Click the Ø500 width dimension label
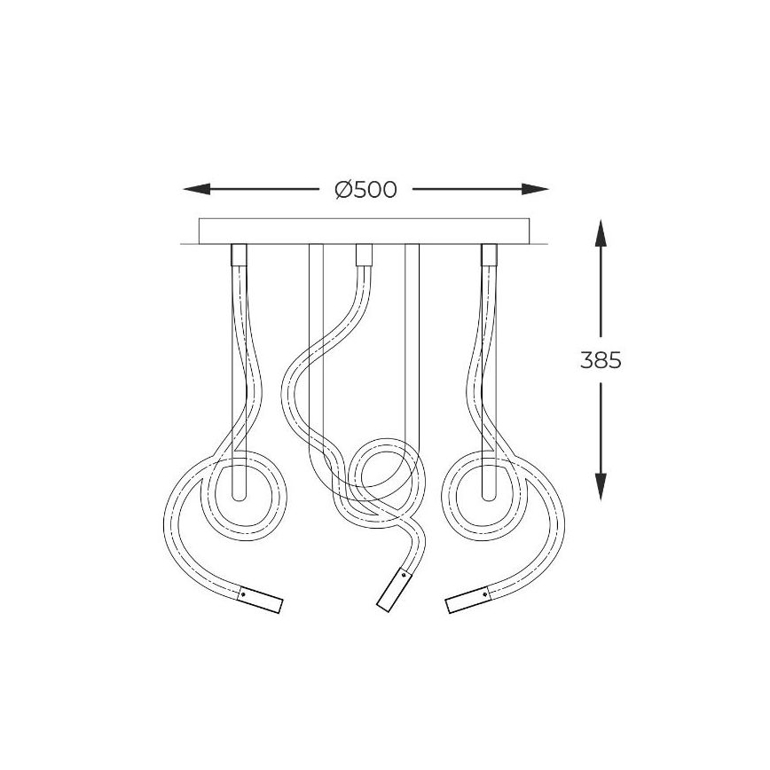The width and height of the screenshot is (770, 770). (x=365, y=190)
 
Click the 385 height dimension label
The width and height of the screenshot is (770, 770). (x=601, y=360)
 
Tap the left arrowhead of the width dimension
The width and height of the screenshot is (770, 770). (x=196, y=189)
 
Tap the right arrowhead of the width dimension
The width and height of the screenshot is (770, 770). (x=535, y=189)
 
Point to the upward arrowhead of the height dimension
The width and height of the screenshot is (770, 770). (x=601, y=233)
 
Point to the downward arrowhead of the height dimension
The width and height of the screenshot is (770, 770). (x=601, y=487)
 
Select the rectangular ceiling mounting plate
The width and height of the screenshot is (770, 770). (x=364, y=232)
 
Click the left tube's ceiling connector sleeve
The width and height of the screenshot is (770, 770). (x=239, y=255)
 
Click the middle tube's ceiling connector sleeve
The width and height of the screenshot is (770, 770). (x=364, y=255)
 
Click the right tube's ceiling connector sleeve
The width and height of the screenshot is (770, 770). (x=489, y=255)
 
